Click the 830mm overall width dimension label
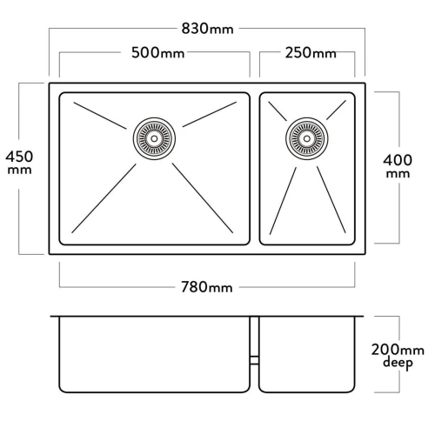(x=207, y=29)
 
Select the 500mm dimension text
(x=157, y=53)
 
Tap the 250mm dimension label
(x=311, y=53)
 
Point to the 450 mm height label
(x=19, y=162)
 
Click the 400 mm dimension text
(x=398, y=166)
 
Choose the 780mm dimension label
(x=207, y=287)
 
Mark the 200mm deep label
(x=398, y=357)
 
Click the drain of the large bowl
(x=154, y=138)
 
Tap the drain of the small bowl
(x=307, y=138)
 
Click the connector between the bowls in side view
(x=254, y=360)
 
